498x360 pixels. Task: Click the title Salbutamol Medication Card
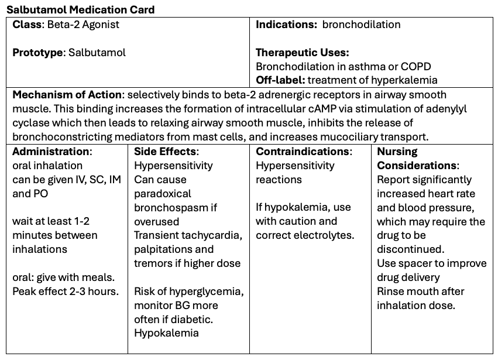81,10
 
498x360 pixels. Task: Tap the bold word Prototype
37,52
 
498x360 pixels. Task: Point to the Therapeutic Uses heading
302,52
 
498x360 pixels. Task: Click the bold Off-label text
280,80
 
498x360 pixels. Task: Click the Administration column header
51,152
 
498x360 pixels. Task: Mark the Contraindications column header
303,152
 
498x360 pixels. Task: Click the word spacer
411,263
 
